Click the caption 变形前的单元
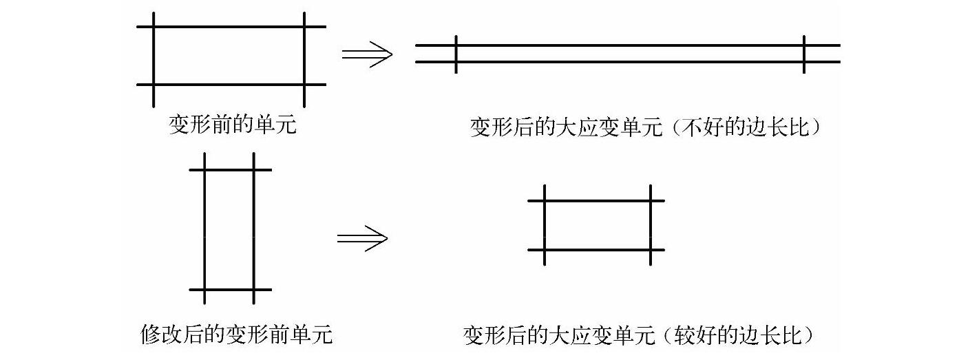pos(233,125)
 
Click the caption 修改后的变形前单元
pos(236,335)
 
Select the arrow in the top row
pos(367,54)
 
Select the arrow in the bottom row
pos(362,238)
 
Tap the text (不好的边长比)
pos(746,129)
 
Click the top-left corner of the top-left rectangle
pos(154,28)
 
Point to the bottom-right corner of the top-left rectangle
pos(304,85)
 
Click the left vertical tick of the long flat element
pos(456,54)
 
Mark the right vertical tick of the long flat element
pos(804,54)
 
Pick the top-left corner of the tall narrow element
pos(205,169)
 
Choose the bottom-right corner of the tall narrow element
pos(254,289)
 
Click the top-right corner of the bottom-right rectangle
pos(650,200)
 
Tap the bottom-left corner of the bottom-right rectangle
pos(545,249)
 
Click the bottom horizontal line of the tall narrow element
pos(229,289)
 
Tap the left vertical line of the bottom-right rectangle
pos(545,225)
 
